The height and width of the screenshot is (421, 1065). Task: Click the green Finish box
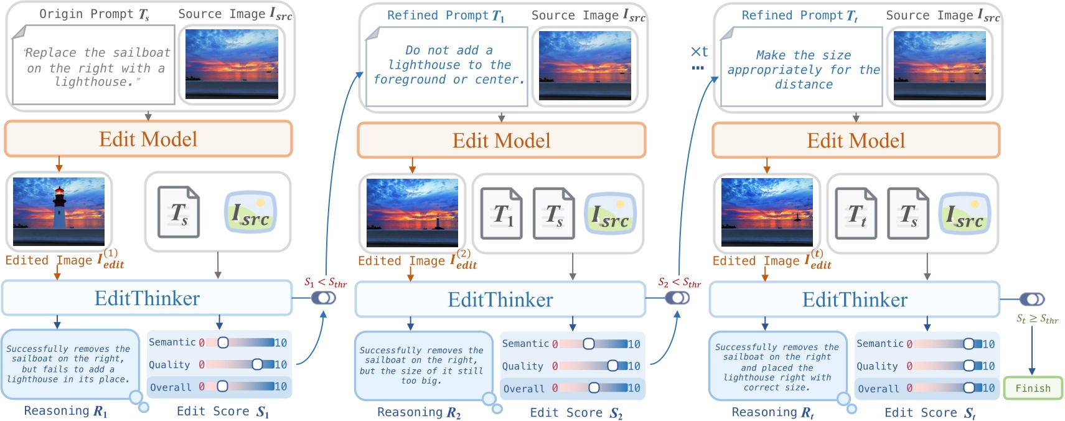(1032, 388)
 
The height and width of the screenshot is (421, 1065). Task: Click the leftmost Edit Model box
(148, 139)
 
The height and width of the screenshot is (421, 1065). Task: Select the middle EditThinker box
(500, 300)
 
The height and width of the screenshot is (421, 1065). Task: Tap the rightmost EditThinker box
(854, 300)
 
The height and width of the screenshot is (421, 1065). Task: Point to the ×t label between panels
(699, 52)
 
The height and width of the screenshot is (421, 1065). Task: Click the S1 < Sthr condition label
(325, 283)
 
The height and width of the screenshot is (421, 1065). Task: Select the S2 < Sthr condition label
(679, 283)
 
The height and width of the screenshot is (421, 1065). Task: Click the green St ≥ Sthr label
(1037, 319)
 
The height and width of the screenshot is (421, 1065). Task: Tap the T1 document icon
(501, 214)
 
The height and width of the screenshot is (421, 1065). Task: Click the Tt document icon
(855, 214)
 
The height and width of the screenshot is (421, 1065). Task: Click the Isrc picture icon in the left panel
(250, 212)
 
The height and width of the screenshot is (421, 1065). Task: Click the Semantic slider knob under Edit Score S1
(223, 343)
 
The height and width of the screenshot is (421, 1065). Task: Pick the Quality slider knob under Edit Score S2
(612, 366)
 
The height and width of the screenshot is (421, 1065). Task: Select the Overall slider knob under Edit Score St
(969, 388)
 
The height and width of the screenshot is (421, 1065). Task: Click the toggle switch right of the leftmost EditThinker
(324, 298)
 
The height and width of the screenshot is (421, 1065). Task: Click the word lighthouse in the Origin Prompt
(93, 82)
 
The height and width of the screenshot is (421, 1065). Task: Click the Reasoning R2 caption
(418, 412)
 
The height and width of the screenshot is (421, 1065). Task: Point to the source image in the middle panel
(584, 65)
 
